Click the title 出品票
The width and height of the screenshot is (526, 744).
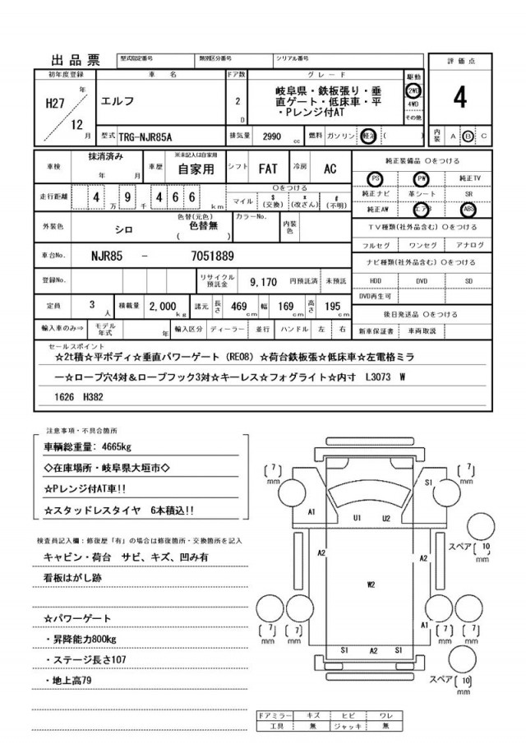[x=76, y=59]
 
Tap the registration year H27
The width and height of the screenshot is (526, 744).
[x=56, y=105]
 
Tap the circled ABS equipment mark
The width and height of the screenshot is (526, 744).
[x=468, y=209]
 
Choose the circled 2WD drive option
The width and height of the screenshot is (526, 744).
[x=413, y=90]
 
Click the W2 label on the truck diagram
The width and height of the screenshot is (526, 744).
[x=371, y=584]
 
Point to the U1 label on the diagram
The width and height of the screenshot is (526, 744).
[x=358, y=518]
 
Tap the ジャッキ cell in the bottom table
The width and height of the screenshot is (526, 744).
[x=348, y=726]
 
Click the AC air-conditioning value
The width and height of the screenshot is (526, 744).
[x=330, y=169]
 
